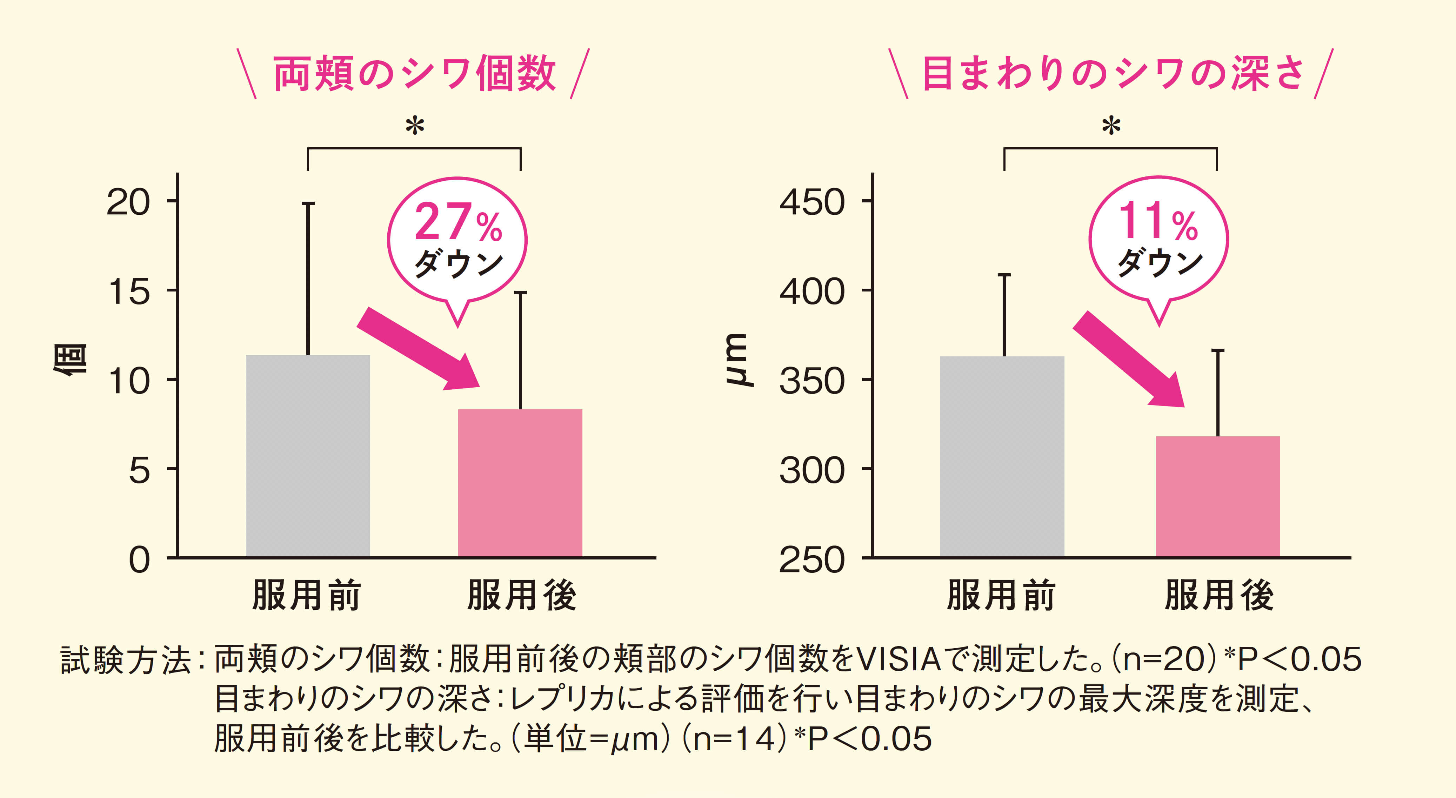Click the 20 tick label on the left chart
click(x=128, y=202)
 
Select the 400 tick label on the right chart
click(x=812, y=291)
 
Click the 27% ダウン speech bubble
click(x=457, y=241)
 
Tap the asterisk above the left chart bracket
click(x=414, y=126)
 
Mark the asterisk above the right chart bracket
click(x=1111, y=126)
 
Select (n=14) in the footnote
click(x=734, y=739)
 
